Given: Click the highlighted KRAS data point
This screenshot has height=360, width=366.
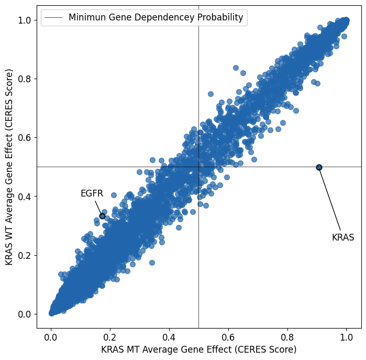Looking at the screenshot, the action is coord(319,167).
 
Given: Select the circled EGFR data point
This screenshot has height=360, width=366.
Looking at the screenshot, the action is coord(102,216).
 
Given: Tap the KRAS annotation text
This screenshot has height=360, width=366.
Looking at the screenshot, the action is coord(343,237).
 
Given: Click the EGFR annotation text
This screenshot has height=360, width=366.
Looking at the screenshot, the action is coord(92,193).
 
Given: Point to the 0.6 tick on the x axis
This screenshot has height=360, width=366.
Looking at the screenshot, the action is coord(228,330).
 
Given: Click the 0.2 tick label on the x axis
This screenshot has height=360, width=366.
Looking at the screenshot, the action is coord(110,337).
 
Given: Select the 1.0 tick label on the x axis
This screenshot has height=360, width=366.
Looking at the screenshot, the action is coord(347,337).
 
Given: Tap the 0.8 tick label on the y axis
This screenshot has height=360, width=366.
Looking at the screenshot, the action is coord(24,79).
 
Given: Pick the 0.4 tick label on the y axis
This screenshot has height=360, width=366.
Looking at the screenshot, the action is coord(24,197).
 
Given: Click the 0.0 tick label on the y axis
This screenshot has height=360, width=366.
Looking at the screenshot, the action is coord(24,314).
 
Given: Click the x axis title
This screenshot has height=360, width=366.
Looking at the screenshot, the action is coord(198,350).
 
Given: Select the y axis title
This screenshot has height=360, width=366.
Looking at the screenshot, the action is coord(9,167).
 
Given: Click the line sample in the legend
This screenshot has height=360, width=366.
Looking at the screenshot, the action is coord(53,17).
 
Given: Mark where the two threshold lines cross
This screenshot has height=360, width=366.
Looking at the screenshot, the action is coord(198,167).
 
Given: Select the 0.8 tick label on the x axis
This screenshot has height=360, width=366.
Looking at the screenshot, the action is coord(287,337).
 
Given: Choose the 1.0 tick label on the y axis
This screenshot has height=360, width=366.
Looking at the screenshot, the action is coord(24,20).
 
